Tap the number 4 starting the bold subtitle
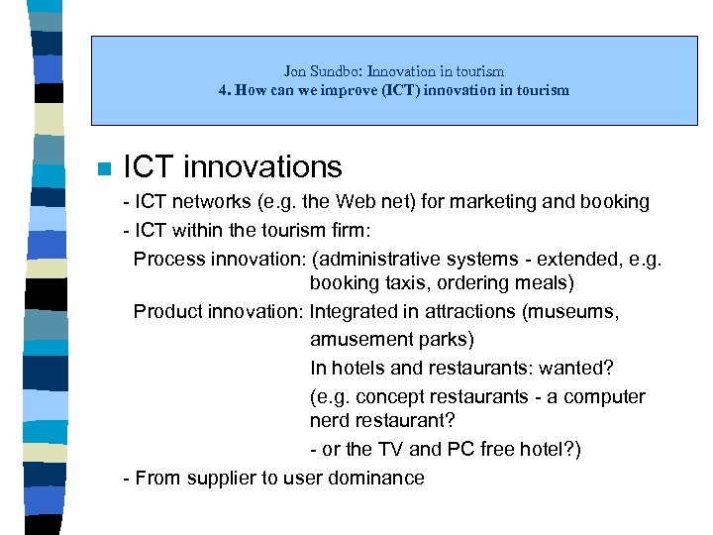223,90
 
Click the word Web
357,202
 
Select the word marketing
515,202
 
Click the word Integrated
354,312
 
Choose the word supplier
215,479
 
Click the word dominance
381,479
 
